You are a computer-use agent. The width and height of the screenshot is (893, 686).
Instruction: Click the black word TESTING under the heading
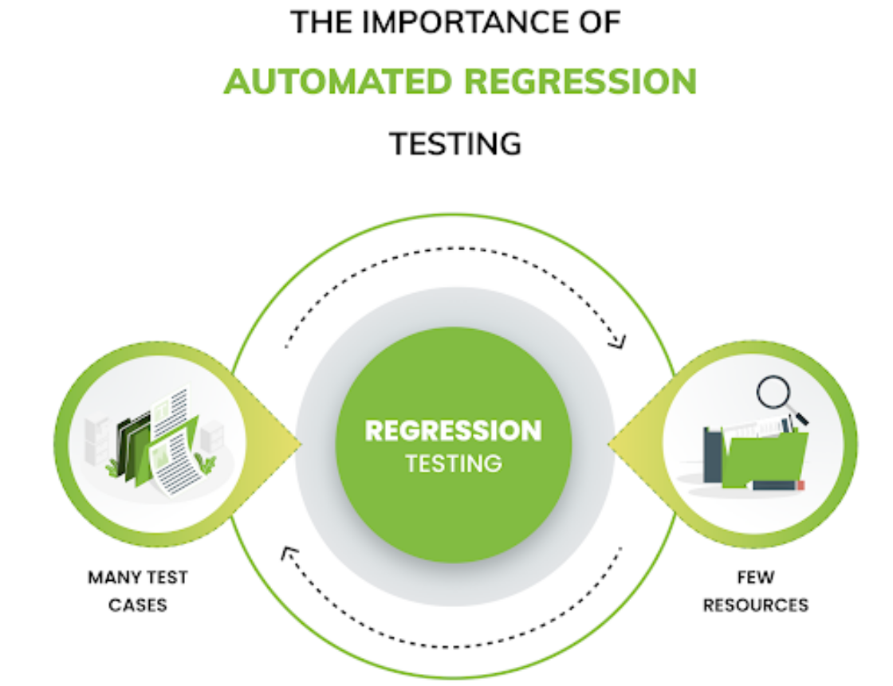[455, 143]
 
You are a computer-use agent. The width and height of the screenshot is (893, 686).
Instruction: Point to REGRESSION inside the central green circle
[453, 430]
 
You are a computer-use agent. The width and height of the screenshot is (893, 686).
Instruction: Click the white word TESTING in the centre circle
[454, 463]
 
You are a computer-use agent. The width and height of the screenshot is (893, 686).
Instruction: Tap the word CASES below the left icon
[138, 605]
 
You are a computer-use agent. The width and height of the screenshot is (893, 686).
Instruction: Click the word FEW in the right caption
[755, 576]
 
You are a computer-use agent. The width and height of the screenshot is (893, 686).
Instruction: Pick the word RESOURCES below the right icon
[755, 605]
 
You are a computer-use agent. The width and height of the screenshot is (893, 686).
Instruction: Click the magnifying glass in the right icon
[776, 394]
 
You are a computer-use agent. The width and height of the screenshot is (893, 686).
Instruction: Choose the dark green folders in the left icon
[130, 446]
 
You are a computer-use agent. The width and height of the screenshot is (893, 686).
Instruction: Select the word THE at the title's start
[317, 22]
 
